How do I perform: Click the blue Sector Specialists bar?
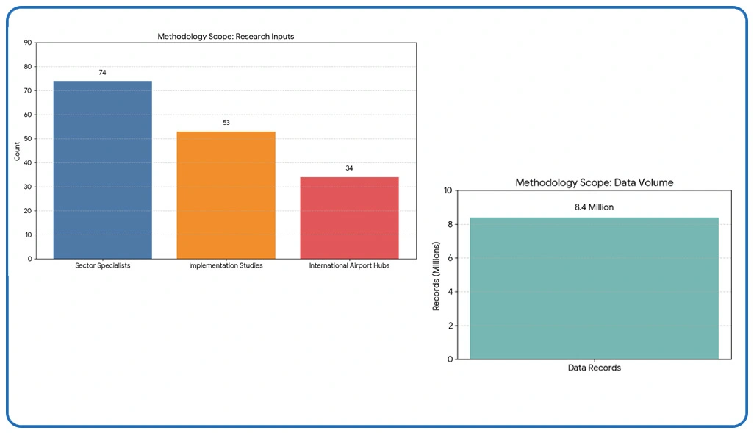[x=103, y=170]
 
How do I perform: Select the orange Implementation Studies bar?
[x=226, y=195]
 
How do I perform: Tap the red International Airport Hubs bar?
[x=349, y=218]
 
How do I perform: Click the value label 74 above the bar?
[x=103, y=73]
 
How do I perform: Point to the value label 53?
[x=226, y=123]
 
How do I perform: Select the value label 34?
[x=349, y=168]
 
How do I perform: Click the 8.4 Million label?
[x=594, y=207]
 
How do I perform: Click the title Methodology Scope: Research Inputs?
[x=226, y=36]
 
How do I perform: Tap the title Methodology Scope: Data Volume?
[x=594, y=182]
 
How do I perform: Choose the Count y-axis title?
[x=17, y=151]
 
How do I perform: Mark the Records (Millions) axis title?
[x=436, y=274]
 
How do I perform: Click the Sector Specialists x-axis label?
[x=103, y=265]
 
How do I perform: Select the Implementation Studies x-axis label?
[x=226, y=265]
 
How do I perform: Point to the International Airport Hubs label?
[x=349, y=265]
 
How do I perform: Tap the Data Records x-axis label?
[x=594, y=368]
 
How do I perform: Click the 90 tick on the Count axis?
[x=28, y=43]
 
